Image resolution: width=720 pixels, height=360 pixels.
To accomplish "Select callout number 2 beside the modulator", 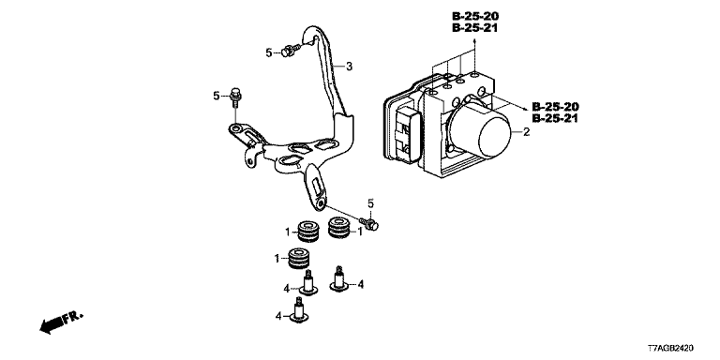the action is coord(526,132).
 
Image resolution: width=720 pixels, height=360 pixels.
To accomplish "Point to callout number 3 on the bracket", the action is coord(349,67).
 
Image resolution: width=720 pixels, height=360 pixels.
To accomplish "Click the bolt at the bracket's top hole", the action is coord(291,50).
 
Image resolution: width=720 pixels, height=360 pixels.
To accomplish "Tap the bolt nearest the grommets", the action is coord(369,223).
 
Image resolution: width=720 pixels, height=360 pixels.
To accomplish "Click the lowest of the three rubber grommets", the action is coord(299,259).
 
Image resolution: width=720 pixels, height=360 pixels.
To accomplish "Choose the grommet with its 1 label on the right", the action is coord(340,228).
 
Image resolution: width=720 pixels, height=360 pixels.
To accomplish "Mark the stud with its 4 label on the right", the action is coord(339,280).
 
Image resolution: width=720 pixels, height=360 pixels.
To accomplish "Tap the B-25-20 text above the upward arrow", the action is coord(475,16).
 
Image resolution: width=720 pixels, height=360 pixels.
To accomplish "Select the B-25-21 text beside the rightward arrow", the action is coord(555,119).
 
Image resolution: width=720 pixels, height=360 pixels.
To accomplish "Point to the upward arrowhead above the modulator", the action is coord(474,41).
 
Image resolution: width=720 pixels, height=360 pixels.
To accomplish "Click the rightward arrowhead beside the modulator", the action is coord(524,109).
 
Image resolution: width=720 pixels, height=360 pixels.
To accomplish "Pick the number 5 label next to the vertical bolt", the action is coord(217,96).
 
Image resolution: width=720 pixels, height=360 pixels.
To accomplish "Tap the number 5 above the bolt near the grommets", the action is coord(370,202).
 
